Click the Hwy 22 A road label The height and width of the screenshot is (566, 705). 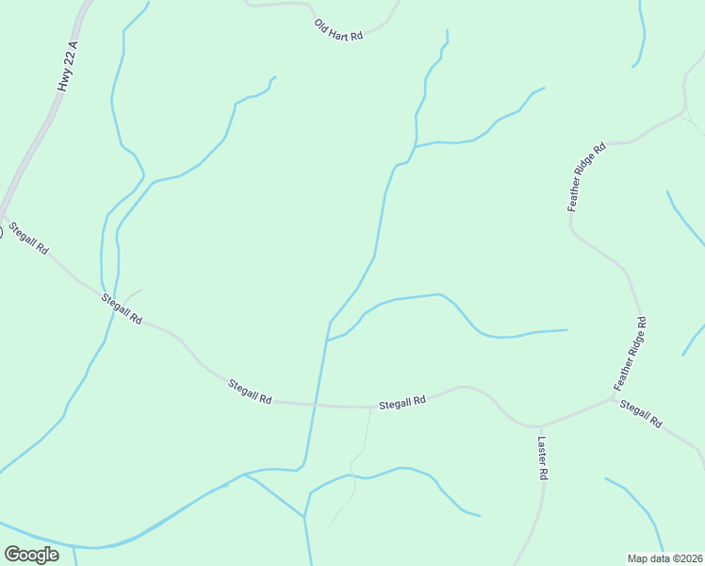[66, 66]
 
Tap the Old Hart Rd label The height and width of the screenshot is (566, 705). [338, 31]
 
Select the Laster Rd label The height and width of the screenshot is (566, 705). [542, 458]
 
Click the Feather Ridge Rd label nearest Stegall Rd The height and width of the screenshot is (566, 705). [631, 353]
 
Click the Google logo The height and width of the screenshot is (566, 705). [31, 555]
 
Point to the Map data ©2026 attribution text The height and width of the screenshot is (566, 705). [664, 558]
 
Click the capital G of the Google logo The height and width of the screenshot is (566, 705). [12, 554]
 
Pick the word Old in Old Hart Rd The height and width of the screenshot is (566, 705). [322, 25]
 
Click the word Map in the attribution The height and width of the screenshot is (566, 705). [637, 558]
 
